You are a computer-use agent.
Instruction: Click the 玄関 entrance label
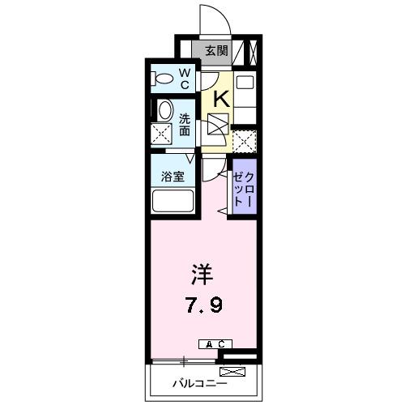[215, 51]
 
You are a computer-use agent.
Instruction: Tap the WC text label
[184, 79]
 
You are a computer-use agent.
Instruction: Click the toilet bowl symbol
[163, 79]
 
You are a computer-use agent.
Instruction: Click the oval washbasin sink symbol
[164, 111]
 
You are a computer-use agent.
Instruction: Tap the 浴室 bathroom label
[171, 175]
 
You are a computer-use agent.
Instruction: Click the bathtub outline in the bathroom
[171, 202]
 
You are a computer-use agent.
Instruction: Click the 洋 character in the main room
[202, 275]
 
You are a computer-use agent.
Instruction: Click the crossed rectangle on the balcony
[231, 372]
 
